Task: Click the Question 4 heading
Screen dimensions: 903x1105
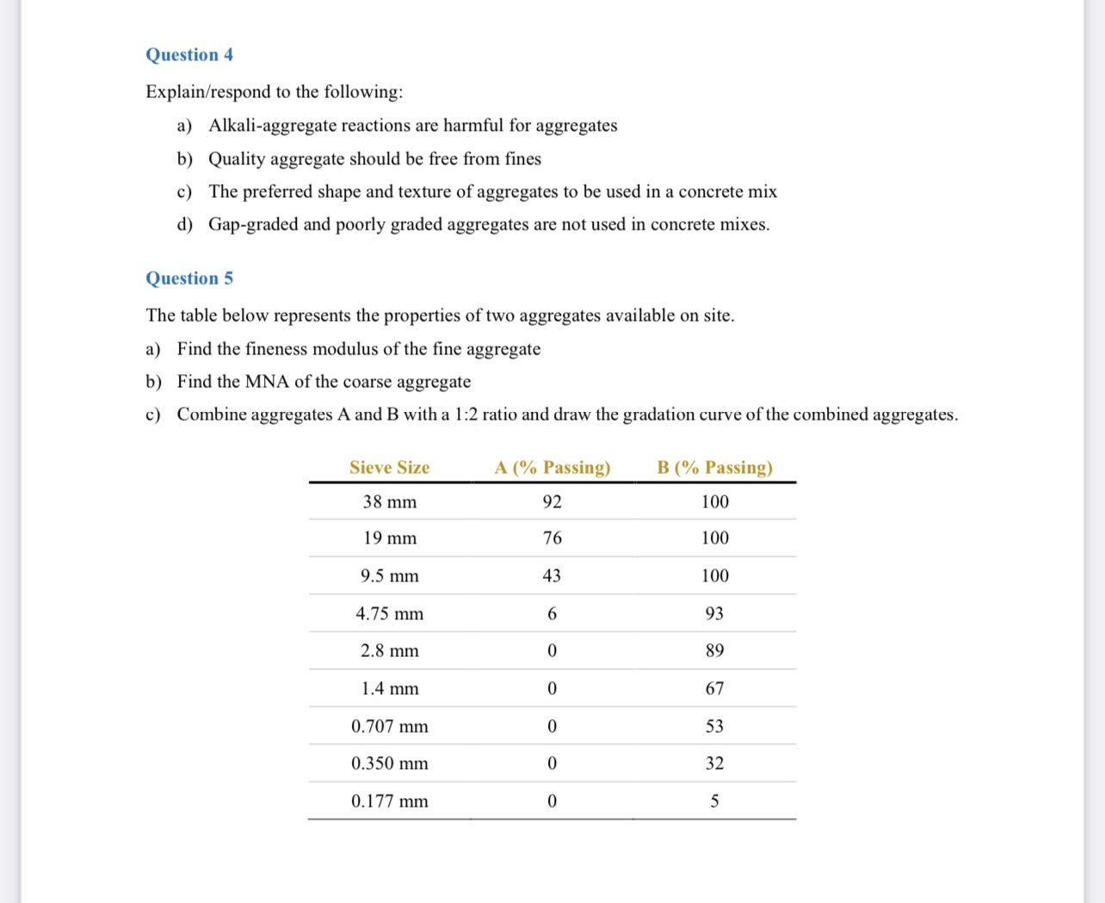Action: (x=189, y=55)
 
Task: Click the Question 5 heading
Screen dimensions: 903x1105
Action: (x=189, y=279)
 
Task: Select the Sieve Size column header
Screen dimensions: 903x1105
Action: (x=389, y=468)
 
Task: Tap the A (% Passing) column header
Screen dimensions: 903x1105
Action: (x=552, y=468)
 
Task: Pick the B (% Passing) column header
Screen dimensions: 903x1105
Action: (x=714, y=468)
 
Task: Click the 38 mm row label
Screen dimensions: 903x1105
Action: (x=389, y=502)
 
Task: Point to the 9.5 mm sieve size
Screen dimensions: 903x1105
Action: (x=389, y=576)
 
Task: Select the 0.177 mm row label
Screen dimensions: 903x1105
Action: (x=389, y=802)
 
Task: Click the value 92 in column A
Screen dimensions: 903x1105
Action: (x=552, y=502)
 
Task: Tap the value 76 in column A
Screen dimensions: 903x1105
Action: (x=552, y=538)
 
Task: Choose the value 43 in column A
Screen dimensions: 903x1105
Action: (x=552, y=576)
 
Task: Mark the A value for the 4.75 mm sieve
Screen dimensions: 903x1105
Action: (x=552, y=614)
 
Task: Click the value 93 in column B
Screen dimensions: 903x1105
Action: (x=714, y=614)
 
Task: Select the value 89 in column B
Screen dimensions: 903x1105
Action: (x=714, y=651)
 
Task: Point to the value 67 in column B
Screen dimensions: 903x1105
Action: (x=714, y=689)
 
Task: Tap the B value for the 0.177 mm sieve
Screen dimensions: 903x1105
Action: (x=714, y=802)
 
